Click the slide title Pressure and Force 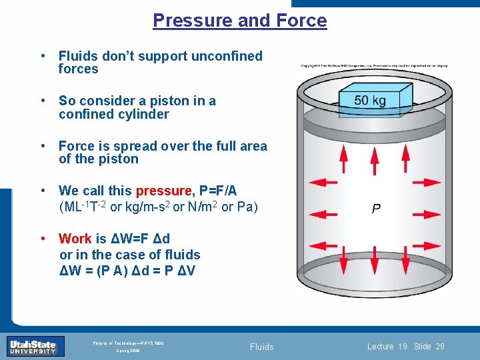240,20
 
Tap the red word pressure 163,191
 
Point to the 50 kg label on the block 370,101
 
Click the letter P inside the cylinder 376,209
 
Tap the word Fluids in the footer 261,347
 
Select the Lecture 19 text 387,347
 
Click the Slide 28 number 429,347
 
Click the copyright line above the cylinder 374,65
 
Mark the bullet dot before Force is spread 43,146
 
